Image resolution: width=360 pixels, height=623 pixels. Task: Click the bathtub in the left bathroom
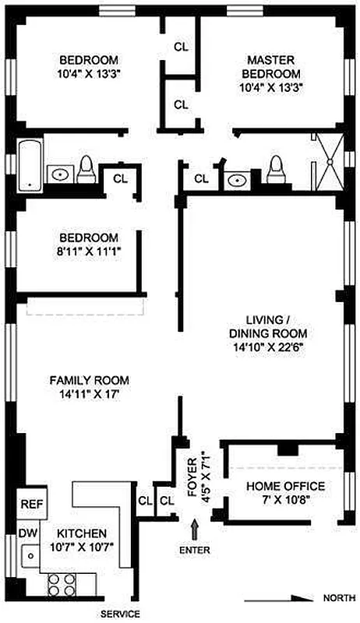point(30,164)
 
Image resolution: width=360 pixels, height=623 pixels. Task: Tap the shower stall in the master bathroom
point(327,160)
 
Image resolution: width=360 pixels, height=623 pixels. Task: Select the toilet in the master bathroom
point(274,167)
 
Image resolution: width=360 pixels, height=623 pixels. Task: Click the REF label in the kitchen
point(30,504)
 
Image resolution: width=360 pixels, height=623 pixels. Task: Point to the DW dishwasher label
point(26,533)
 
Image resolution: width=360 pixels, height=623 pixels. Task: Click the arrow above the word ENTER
point(194,530)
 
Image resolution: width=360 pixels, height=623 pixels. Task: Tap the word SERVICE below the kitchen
point(120,614)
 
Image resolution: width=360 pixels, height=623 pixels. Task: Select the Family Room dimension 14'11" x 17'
point(89,395)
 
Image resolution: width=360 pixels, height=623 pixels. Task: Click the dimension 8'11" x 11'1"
point(89,252)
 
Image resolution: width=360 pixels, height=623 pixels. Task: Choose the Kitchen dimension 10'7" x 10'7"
point(82,547)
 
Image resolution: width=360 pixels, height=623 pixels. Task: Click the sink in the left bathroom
point(59,174)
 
